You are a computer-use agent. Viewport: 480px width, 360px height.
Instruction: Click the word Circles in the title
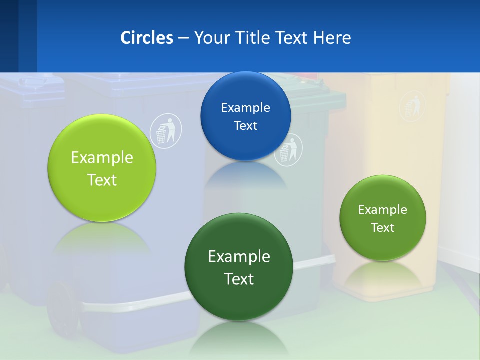(x=146, y=38)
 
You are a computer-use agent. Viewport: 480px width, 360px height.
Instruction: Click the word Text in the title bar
(x=293, y=38)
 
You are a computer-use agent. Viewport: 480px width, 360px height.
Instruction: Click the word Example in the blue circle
(x=245, y=108)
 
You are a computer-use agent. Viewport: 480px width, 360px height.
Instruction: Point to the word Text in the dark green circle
(x=239, y=278)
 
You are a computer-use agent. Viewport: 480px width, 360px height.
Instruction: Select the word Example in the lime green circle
(x=102, y=158)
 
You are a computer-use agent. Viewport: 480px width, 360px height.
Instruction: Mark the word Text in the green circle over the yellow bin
(x=383, y=228)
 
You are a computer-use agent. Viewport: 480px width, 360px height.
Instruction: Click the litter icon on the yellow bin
(x=412, y=106)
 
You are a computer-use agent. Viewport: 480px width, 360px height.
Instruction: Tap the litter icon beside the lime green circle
(x=166, y=130)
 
